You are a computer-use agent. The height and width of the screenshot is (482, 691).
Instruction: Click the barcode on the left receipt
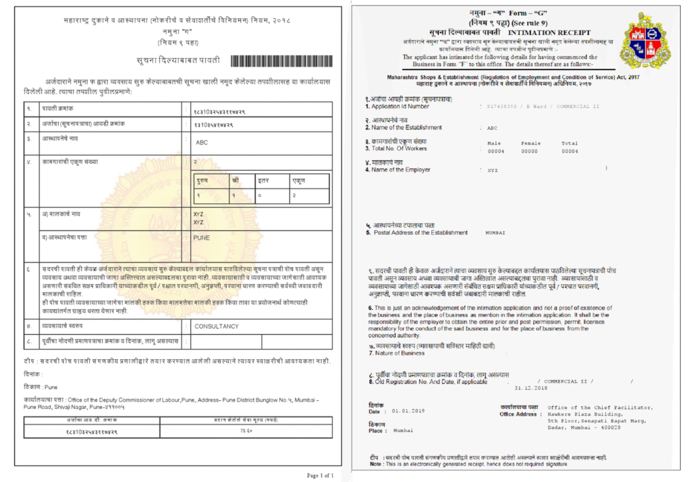pyautogui.click(x=283, y=61)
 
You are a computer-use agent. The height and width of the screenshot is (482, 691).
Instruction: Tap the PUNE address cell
pyautogui.click(x=202, y=238)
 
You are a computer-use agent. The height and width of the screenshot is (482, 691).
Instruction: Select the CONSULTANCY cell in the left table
pyautogui.click(x=216, y=326)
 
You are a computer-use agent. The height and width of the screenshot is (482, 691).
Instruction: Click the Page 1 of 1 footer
pyautogui.click(x=320, y=475)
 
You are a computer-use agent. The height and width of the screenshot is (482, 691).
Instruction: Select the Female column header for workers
pyautogui.click(x=530, y=143)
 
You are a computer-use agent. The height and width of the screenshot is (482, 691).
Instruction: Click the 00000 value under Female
pyautogui.click(x=530, y=151)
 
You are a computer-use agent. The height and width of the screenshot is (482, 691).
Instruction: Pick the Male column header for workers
pyautogui.click(x=495, y=143)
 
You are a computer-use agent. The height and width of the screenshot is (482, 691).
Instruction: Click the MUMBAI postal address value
pyautogui.click(x=495, y=232)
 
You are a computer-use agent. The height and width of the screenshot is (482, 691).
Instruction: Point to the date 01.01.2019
pyautogui.click(x=406, y=411)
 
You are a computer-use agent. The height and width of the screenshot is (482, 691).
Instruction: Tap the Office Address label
pyautogui.click(x=518, y=414)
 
